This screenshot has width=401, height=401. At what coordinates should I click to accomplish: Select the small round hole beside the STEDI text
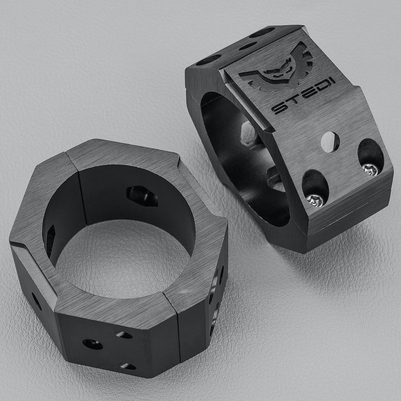point(330,142)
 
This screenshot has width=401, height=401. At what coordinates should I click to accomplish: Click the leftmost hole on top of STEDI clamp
point(208,60)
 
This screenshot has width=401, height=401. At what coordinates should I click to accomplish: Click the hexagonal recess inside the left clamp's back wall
point(142,196)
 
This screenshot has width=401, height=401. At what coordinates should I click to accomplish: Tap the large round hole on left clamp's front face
point(93,344)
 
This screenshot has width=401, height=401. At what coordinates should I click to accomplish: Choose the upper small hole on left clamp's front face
point(124,335)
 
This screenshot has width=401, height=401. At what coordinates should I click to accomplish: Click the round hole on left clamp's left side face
point(36,301)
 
